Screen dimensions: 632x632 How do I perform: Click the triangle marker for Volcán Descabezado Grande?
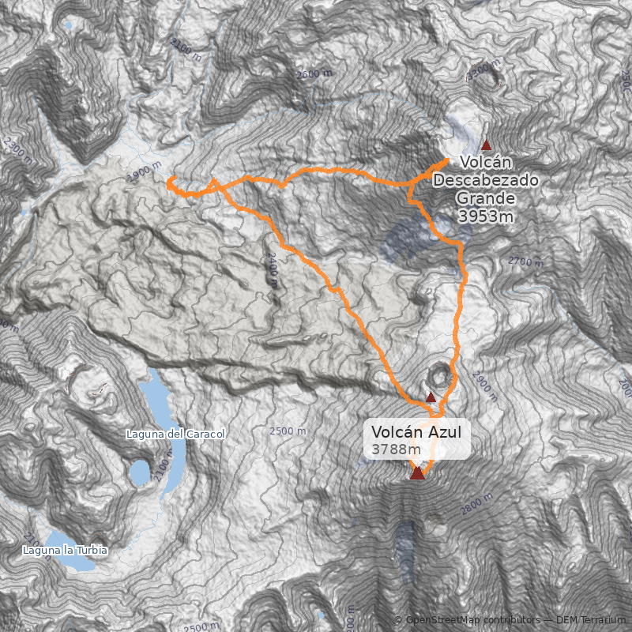tap(486, 145)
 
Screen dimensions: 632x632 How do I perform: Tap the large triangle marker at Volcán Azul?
tap(417, 472)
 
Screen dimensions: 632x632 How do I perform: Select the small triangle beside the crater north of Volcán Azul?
tap(431, 397)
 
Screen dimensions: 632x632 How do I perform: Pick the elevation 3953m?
tap(486, 216)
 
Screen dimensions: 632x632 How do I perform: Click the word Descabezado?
tap(486, 181)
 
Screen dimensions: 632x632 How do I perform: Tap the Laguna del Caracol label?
tap(176, 434)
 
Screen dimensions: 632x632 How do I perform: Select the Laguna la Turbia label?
tap(65, 549)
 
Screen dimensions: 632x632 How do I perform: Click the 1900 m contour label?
tap(143, 174)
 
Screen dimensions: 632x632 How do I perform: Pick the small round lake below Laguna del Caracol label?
tap(140, 472)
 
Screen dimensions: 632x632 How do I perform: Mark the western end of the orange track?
tap(170, 182)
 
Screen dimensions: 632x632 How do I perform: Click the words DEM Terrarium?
tap(591, 620)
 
